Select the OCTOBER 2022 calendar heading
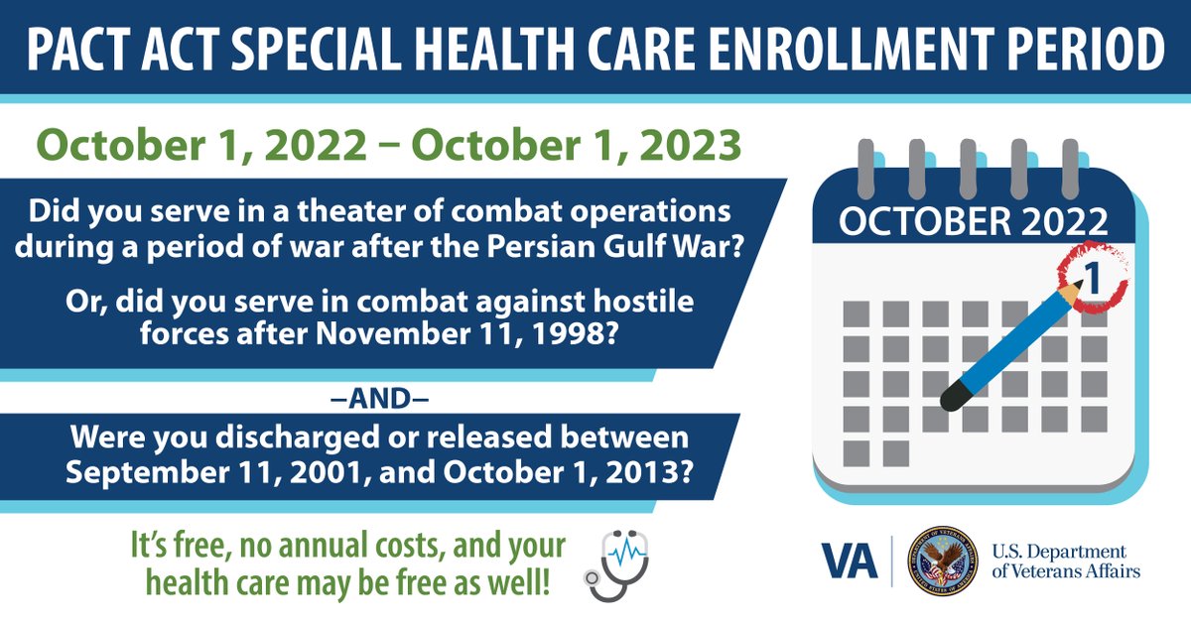pyautogui.click(x=973, y=220)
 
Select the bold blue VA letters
pyautogui.click(x=850, y=562)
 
